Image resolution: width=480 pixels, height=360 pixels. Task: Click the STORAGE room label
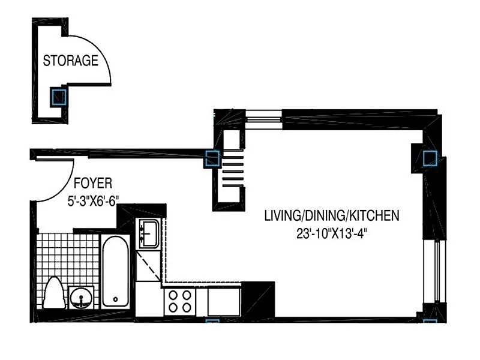pyautogui.click(x=70, y=61)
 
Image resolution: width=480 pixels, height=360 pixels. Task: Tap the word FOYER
pyautogui.click(x=93, y=184)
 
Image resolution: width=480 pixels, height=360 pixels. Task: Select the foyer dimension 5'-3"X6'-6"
pyautogui.click(x=93, y=201)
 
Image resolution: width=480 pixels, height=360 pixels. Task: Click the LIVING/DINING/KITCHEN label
pyautogui.click(x=332, y=216)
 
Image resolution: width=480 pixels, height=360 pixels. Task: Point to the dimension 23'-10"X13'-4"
pyautogui.click(x=332, y=234)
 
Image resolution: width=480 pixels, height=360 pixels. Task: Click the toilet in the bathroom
pyautogui.click(x=54, y=293)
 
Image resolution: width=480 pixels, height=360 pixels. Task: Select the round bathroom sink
pyautogui.click(x=81, y=298)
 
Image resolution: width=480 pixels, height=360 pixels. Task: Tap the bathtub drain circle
pyautogui.click(x=115, y=299)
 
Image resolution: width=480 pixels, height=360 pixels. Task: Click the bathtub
pyautogui.click(x=115, y=271)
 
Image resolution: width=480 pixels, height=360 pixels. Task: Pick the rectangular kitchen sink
pyautogui.click(x=149, y=233)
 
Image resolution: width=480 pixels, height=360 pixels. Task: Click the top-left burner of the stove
pyautogui.click(x=173, y=295)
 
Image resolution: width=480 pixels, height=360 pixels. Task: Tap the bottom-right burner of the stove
pyautogui.click(x=187, y=307)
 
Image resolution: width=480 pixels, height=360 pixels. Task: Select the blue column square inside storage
pyautogui.click(x=58, y=97)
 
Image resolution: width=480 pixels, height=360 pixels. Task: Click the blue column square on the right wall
pyautogui.click(x=430, y=158)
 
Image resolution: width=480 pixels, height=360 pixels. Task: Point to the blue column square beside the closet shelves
pyautogui.click(x=212, y=158)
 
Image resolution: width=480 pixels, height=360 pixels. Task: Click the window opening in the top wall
pyautogui.click(x=263, y=119)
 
